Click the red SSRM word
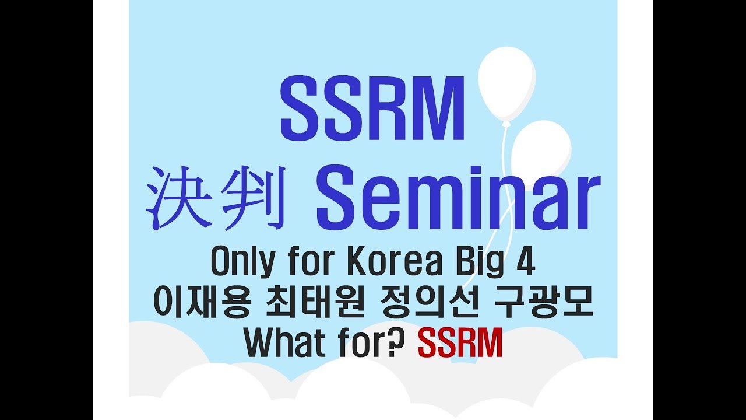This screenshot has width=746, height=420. click(460, 344)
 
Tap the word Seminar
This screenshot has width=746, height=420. click(458, 198)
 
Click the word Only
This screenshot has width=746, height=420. click(242, 264)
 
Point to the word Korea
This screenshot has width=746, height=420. click(391, 263)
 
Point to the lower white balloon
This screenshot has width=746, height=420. click(541, 150)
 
